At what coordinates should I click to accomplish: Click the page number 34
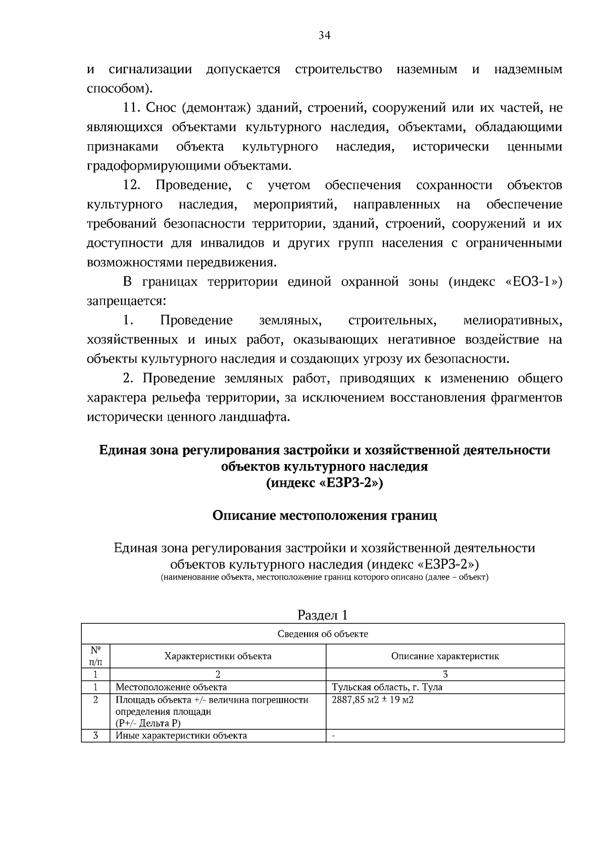324,35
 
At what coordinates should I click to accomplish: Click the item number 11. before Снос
133,108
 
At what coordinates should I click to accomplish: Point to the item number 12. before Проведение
132,185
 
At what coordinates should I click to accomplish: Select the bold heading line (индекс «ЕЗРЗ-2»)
324,483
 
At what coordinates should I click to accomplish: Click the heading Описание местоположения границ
324,516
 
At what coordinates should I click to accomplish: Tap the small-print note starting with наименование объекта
324,577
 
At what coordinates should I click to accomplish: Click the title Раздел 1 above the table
323,615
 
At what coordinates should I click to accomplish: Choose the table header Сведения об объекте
323,634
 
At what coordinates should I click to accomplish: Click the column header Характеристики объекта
218,656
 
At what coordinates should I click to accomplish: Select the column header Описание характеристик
445,656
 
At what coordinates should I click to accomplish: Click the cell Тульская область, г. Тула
387,687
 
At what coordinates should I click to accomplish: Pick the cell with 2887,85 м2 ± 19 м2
373,700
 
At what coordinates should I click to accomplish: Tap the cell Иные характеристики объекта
181,735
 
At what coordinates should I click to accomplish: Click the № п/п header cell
95,656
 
